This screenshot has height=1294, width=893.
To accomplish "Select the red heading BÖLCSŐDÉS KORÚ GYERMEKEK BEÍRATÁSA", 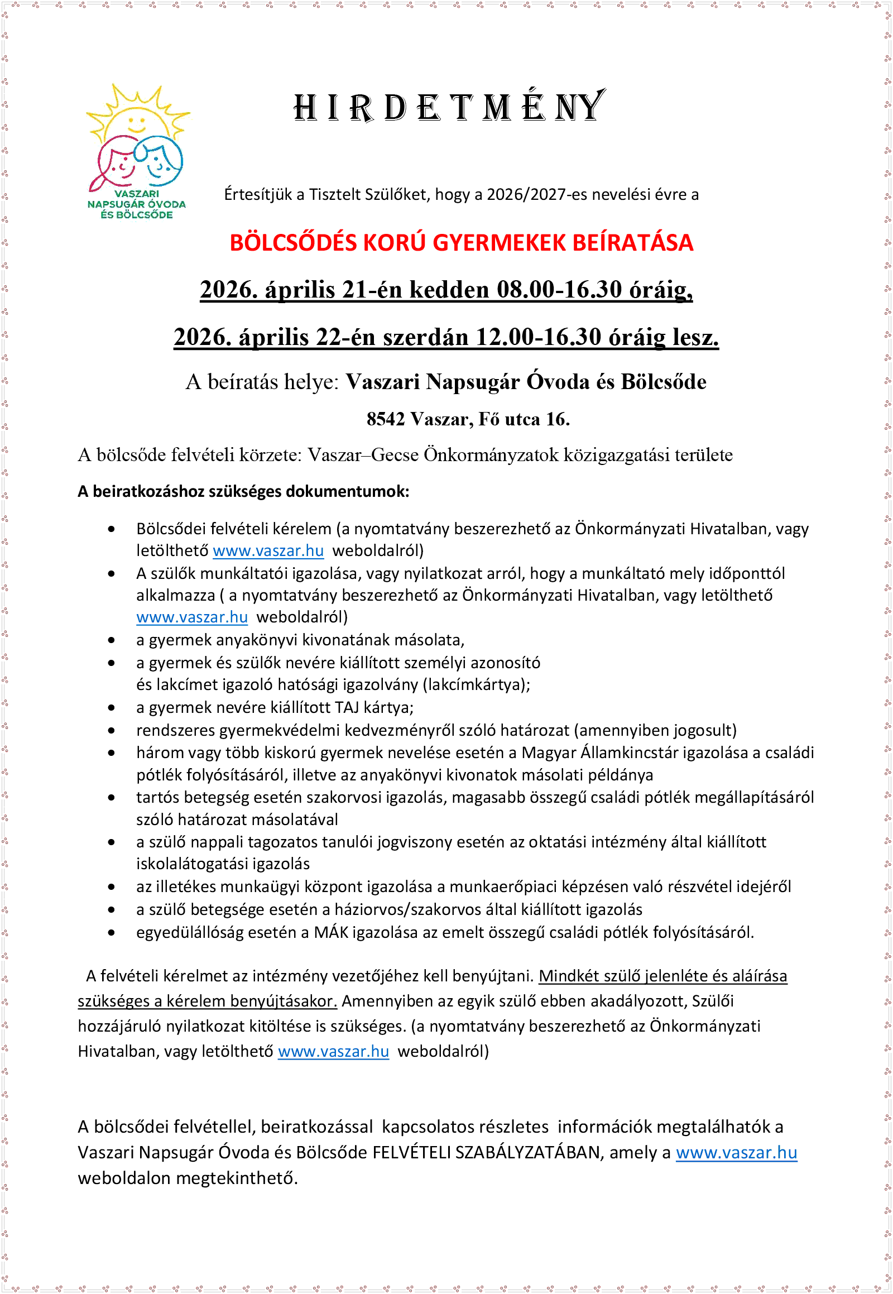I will tap(461, 243).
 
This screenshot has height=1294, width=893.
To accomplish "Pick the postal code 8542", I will tap(386, 419).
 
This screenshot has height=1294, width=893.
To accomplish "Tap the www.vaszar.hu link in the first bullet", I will tap(268, 551).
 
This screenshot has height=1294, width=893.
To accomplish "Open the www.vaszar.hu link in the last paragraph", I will tap(736, 1152).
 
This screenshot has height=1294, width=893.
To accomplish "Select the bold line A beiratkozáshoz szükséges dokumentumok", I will tap(243, 491).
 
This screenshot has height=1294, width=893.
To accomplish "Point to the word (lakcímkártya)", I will tap(477, 684).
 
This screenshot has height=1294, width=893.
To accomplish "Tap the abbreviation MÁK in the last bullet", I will tap(330, 932).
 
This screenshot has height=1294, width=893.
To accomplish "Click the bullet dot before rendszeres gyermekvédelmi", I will tap(112, 730).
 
